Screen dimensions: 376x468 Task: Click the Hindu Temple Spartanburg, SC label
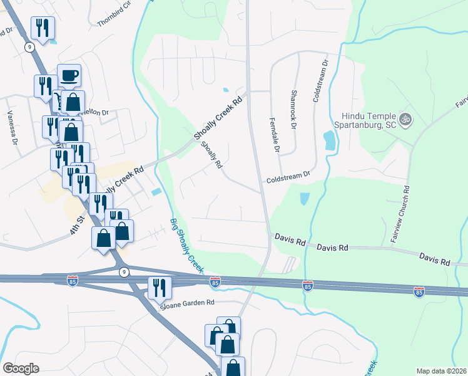click(x=370, y=120)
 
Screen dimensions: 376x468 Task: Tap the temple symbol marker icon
click(x=405, y=118)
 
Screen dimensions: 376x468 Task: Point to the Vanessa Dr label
click(x=11, y=127)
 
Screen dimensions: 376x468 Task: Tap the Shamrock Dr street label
click(x=293, y=109)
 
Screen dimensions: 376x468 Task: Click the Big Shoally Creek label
click(x=187, y=244)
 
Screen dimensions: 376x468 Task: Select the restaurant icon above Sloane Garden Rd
click(x=159, y=288)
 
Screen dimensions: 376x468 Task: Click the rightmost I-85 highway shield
click(x=419, y=292)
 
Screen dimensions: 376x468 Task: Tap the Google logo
click(x=21, y=368)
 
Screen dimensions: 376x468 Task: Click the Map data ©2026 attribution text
click(x=441, y=371)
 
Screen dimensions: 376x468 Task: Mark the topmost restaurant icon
click(x=43, y=28)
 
